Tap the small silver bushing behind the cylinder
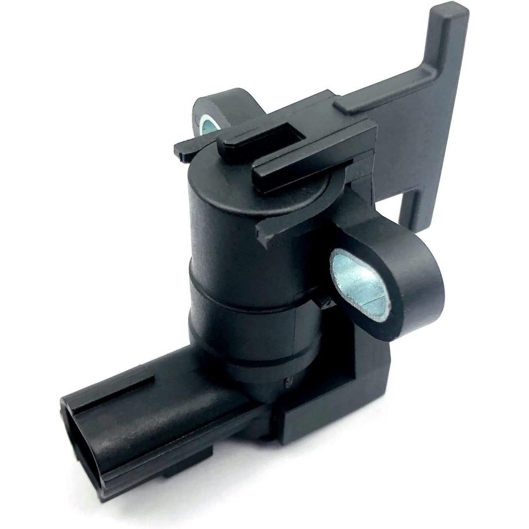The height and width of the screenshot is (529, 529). (x=209, y=126)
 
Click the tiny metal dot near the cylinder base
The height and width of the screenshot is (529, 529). (x=288, y=383)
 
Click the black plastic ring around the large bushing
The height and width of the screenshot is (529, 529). (x=413, y=289)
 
